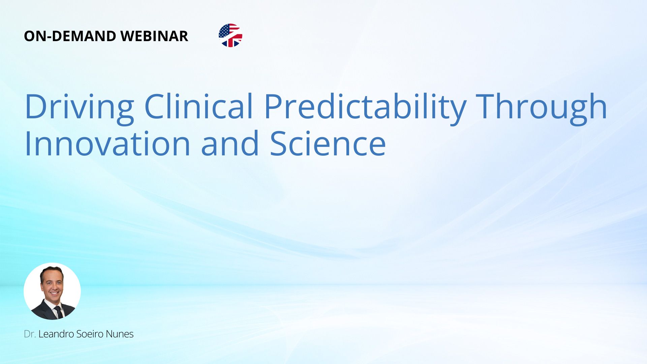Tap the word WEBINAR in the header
click(x=154, y=36)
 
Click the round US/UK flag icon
click(x=230, y=35)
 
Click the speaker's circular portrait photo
click(x=52, y=291)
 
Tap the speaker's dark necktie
click(x=59, y=312)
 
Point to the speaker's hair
click(x=51, y=271)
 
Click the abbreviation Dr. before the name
click(x=30, y=334)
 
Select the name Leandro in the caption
click(x=56, y=334)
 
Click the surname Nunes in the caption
click(x=120, y=334)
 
